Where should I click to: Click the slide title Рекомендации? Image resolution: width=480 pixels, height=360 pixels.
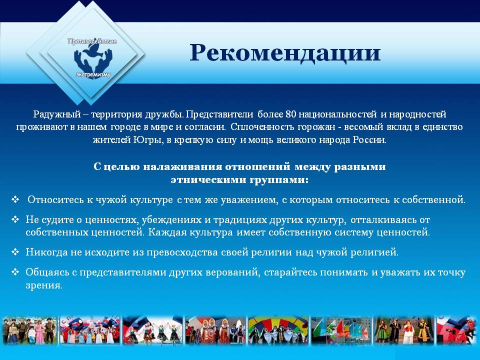(285, 53)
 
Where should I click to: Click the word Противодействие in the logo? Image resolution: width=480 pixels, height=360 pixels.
(92, 41)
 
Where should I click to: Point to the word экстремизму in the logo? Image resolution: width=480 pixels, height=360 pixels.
(93, 74)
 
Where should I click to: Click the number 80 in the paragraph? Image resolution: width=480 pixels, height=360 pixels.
(290, 114)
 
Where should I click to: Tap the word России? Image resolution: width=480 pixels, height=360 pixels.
(369, 140)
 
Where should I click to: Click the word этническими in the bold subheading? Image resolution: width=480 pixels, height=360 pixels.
(208, 179)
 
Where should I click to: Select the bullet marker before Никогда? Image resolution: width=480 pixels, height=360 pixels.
(15, 252)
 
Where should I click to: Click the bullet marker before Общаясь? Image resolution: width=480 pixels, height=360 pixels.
(15, 272)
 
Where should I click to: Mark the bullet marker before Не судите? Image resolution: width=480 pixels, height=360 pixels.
(15, 219)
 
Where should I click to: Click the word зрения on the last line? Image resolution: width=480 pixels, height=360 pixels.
(44, 285)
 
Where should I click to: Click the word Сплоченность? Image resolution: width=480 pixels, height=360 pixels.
(262, 127)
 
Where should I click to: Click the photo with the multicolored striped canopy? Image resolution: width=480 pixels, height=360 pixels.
(278, 330)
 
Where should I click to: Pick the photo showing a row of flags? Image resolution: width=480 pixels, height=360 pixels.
(341, 330)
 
